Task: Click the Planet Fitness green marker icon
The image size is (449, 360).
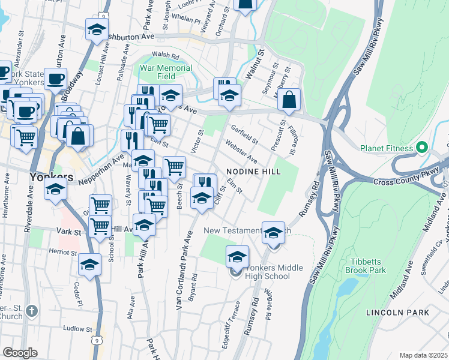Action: (x=421, y=148)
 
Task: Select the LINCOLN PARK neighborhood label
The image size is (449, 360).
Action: (x=398, y=313)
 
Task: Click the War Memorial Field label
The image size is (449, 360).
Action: (x=166, y=72)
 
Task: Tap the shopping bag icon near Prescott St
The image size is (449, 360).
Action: (x=289, y=101)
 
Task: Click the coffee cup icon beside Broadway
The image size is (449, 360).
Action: (x=56, y=79)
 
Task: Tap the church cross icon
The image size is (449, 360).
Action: (x=32, y=311)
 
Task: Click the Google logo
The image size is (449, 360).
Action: (x=20, y=353)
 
